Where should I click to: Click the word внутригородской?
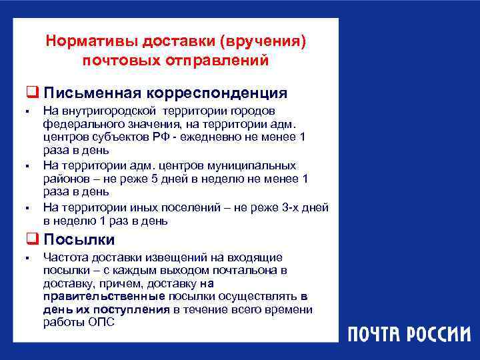tap(99, 111)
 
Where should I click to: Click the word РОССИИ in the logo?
tap(434, 333)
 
